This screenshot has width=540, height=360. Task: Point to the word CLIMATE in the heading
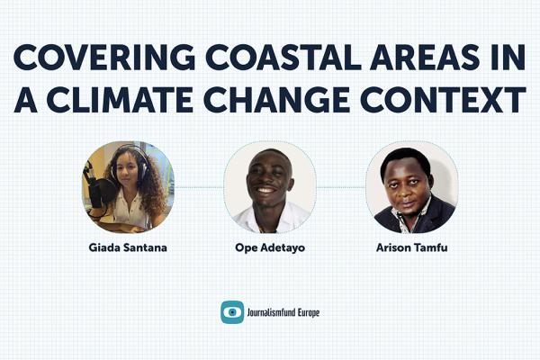(x=136, y=99)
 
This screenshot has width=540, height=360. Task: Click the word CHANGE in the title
(x=299, y=99)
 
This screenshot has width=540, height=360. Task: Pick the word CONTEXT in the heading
(x=447, y=99)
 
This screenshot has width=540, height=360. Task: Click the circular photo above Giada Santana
(x=128, y=186)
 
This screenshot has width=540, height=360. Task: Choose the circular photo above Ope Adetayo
(x=269, y=186)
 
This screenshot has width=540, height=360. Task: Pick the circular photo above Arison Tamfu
(x=411, y=186)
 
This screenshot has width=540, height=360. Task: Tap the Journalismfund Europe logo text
(x=284, y=312)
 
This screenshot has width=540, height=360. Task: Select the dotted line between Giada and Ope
(x=198, y=187)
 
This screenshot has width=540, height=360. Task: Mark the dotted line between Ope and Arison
(x=340, y=187)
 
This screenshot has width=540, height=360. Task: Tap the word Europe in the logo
(x=305, y=312)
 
